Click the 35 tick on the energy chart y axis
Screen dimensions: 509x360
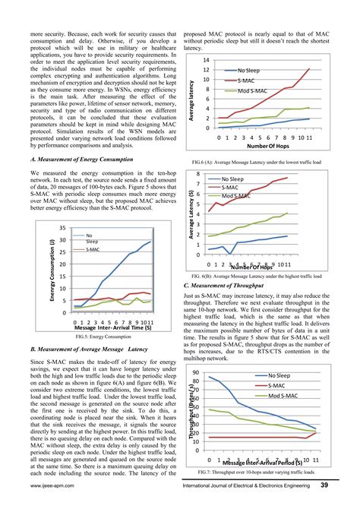[63, 228]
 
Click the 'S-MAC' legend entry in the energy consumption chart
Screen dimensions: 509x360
[92, 249]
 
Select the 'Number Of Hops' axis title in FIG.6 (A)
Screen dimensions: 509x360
[267, 147]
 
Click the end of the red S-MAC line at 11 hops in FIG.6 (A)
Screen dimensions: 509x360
[310, 69]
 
